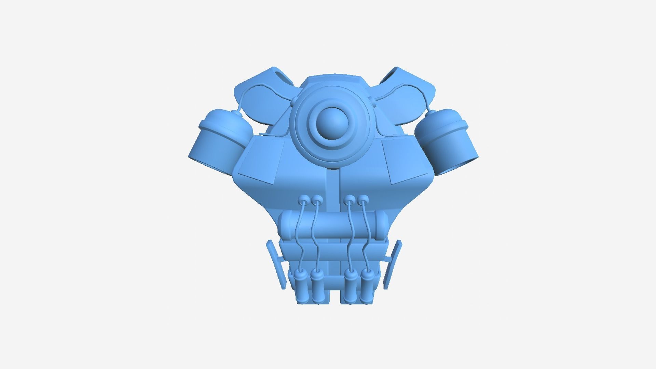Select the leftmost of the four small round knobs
(x=303, y=199)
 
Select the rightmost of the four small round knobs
(x=363, y=199)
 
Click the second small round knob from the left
(x=317, y=199)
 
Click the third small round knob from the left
(x=349, y=199)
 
